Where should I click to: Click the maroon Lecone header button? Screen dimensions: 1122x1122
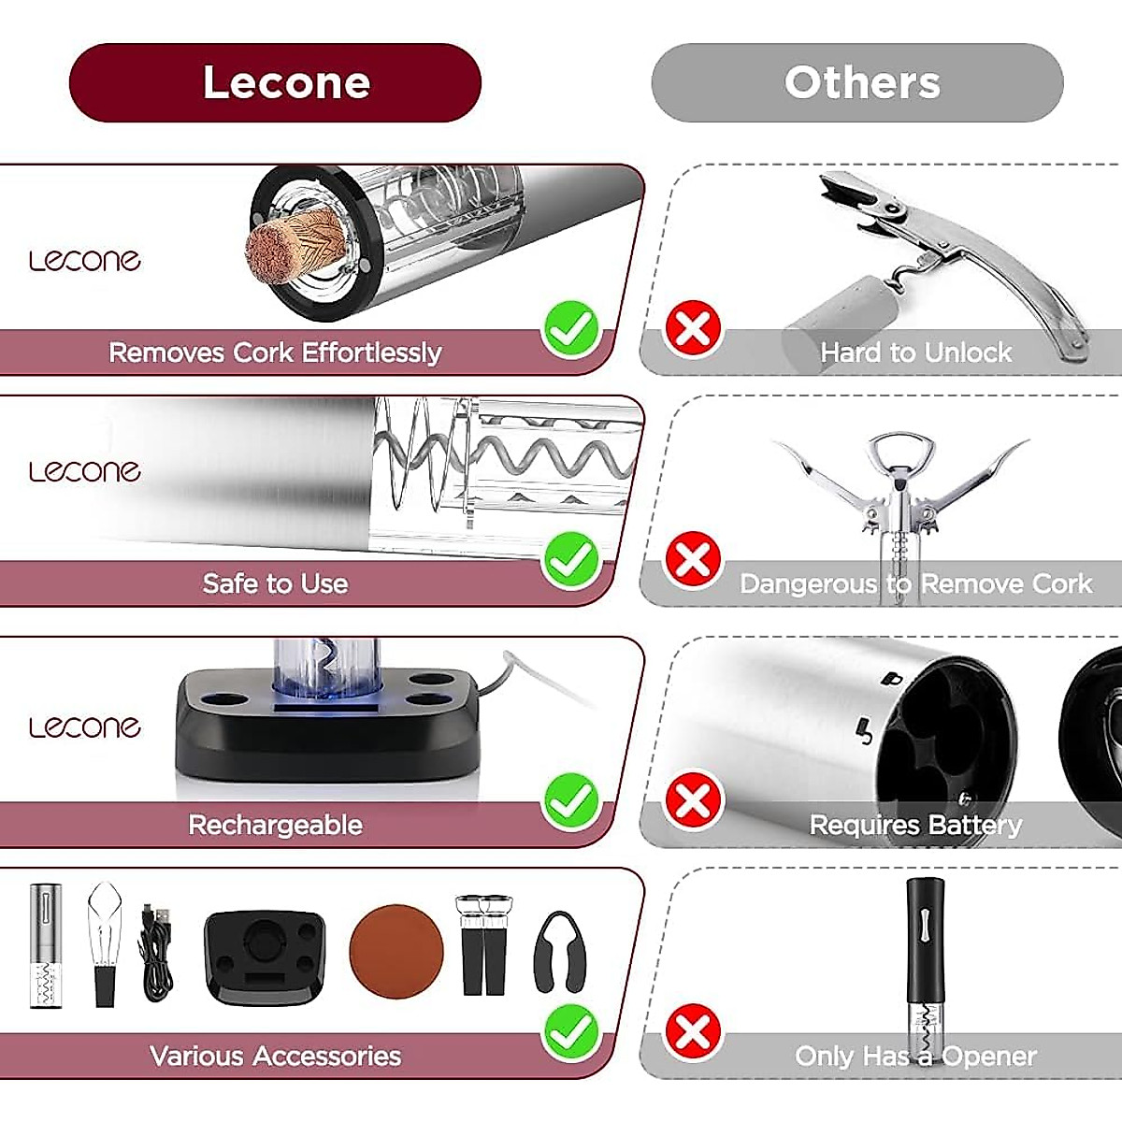pos(275,82)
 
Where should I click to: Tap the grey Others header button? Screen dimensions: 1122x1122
pos(857,82)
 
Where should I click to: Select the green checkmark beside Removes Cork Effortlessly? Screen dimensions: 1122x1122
pos(571,329)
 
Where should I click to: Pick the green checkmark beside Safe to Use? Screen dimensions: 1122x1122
pos(571,560)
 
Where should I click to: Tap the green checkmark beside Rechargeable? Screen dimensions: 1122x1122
pos(571,800)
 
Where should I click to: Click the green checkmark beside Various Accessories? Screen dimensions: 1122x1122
pos(571,1031)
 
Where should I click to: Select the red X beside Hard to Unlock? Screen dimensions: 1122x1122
pos(693,328)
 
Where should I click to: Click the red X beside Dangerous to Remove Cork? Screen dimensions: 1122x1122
pos(693,560)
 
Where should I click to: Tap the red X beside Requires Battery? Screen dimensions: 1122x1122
pos(693,800)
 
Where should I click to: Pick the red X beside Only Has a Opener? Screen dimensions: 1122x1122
pos(693,1032)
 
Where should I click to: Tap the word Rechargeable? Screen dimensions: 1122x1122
pos(275,825)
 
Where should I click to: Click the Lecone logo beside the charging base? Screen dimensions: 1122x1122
pos(84,726)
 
